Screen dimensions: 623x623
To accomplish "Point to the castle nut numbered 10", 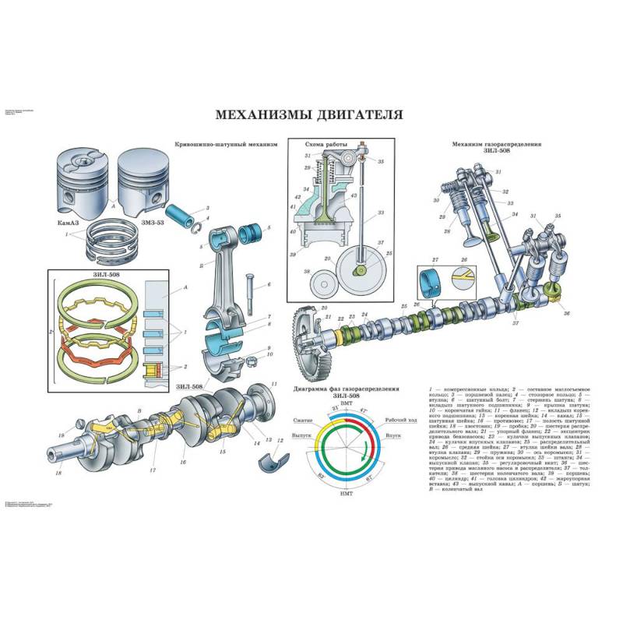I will click(252, 361).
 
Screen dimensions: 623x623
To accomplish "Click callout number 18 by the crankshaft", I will click(58, 473).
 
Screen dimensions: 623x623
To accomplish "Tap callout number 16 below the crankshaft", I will click(183, 462).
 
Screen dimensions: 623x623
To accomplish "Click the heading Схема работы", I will click(327, 145).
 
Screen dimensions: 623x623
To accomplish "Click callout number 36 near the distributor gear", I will click(566, 313).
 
